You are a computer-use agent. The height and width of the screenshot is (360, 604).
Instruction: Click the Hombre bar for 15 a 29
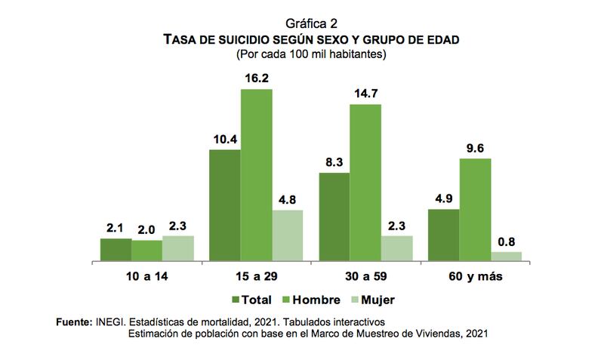[256, 175]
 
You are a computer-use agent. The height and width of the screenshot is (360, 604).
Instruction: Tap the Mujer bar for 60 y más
[507, 257]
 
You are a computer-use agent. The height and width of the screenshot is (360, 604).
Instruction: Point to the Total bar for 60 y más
[444, 235]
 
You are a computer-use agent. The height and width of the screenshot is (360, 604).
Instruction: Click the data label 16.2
[257, 78]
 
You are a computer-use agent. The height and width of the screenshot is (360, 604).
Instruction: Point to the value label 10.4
[224, 138]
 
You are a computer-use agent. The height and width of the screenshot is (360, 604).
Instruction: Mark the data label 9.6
[476, 147]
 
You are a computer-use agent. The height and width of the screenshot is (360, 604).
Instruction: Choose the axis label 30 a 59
[366, 277]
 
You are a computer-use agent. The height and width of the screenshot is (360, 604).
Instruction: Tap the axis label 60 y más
[476, 277]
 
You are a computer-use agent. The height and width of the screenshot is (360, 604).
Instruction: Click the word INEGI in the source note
[109, 322]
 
